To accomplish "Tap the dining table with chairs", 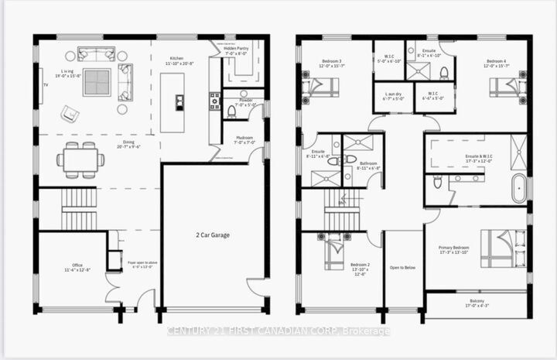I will (x=80, y=160).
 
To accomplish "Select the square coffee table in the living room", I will (x=97, y=81).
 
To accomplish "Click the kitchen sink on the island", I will (x=179, y=101).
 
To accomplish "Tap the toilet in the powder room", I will (x=231, y=113).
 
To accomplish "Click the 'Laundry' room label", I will (x=394, y=96).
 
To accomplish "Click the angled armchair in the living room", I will (x=70, y=114).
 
